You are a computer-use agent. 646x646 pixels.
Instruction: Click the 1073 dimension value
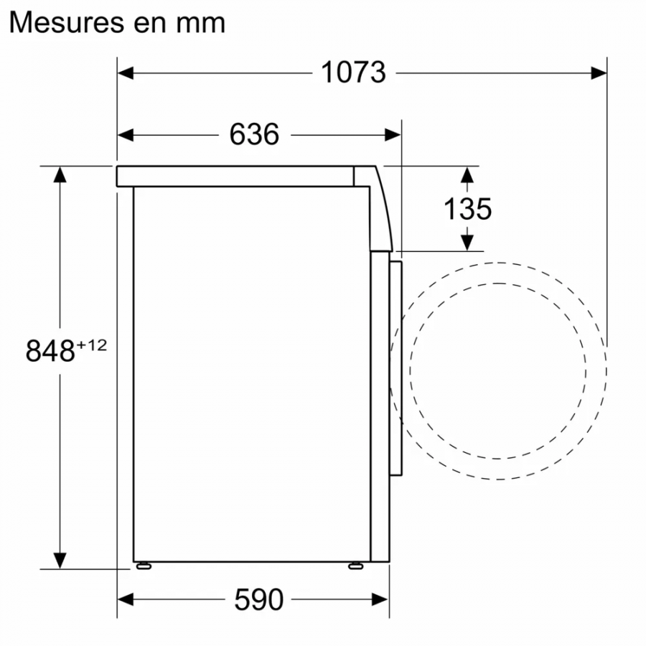352,72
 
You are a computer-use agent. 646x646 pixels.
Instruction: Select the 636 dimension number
254,134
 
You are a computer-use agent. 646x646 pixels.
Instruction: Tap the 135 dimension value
467,209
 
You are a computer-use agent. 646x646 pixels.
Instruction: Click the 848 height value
50,352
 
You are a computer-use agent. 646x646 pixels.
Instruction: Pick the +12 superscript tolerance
92,345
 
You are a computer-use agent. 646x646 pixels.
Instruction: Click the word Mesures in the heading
69,22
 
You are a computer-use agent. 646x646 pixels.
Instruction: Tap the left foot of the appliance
144,566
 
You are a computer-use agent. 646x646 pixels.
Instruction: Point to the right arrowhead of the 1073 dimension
599,72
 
